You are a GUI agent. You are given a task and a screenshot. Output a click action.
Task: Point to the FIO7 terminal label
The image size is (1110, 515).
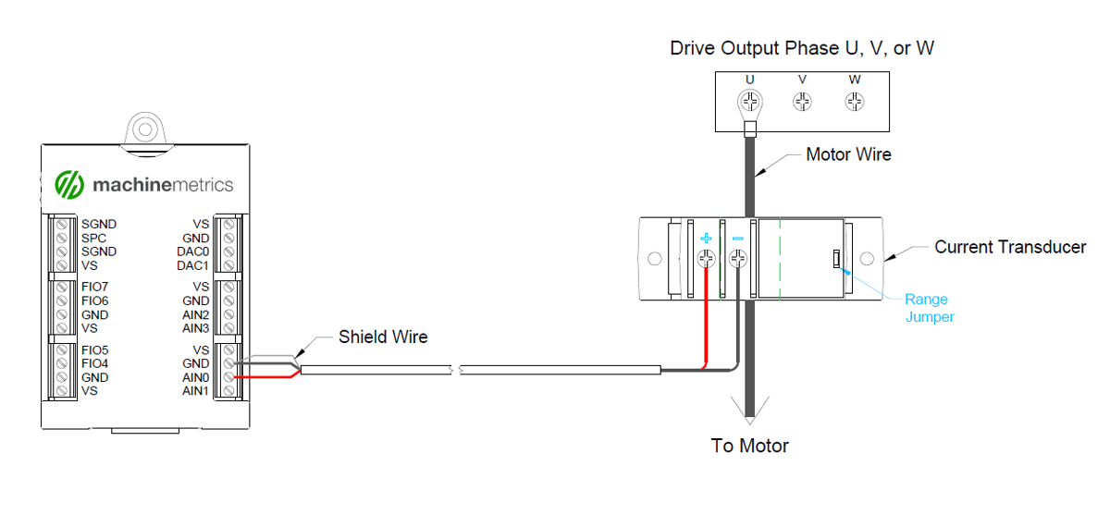[x=95, y=287]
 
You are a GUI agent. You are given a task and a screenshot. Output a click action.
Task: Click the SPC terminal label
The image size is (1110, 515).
[x=94, y=238]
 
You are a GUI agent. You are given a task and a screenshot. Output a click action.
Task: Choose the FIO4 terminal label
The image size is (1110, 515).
[x=95, y=363]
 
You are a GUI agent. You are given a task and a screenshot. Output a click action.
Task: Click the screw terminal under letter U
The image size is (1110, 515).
[x=750, y=100]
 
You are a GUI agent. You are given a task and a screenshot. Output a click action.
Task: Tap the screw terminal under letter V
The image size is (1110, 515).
[x=803, y=100]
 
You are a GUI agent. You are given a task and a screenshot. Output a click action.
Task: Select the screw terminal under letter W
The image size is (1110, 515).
[x=855, y=100]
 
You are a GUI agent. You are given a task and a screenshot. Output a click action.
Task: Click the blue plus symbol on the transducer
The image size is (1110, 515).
[x=706, y=239]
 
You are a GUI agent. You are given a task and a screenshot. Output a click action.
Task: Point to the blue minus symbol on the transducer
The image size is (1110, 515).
[x=738, y=239]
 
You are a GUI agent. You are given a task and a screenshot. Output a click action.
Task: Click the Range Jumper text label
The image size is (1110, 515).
[x=926, y=308]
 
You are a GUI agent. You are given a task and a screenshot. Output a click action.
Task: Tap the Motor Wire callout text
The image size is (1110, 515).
[x=848, y=154]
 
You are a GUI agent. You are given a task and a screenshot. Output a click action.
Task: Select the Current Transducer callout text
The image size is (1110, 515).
[x=1010, y=247]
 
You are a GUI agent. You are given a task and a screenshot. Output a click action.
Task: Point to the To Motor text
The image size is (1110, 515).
[x=749, y=446]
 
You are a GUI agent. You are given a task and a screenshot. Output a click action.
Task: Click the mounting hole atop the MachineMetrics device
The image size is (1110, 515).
[x=143, y=125]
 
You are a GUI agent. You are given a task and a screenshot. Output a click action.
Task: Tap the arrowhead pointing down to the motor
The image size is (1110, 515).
[x=750, y=409]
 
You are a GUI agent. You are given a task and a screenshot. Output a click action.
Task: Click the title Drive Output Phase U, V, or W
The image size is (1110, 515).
[x=802, y=48]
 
